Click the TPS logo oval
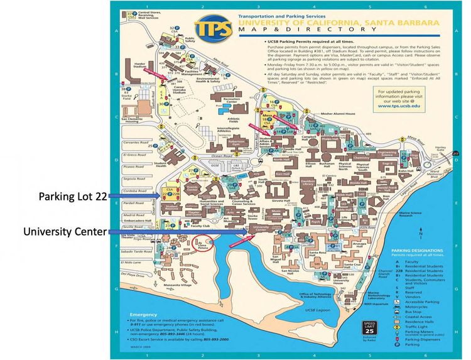coord(212,28)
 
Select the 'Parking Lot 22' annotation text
coord(73,196)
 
